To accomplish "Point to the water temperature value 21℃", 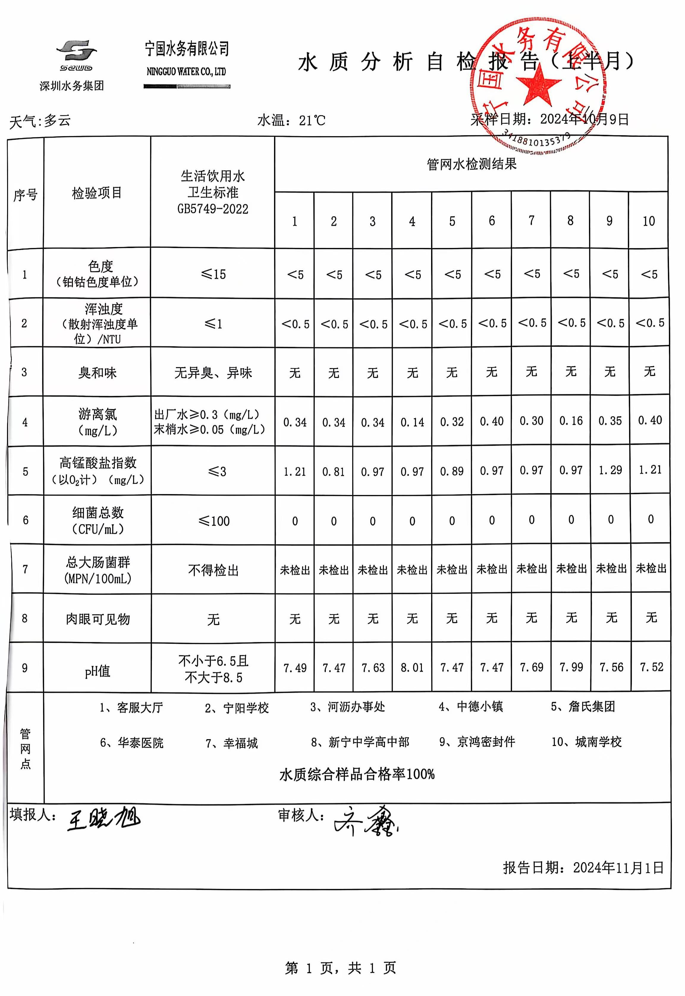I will tap(312, 121).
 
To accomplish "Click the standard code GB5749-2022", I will tap(213, 209).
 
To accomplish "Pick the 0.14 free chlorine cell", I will tap(412, 422).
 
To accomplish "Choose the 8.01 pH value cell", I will tap(412, 668).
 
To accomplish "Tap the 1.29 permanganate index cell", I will tap(610, 470).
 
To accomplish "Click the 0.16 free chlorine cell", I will tap(571, 421).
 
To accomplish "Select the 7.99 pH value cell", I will tap(571, 667).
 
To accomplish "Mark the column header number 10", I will tap(648, 221).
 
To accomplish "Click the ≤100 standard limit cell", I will tap(214, 521).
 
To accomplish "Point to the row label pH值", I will tap(98, 671).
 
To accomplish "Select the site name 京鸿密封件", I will tap(486, 742).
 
